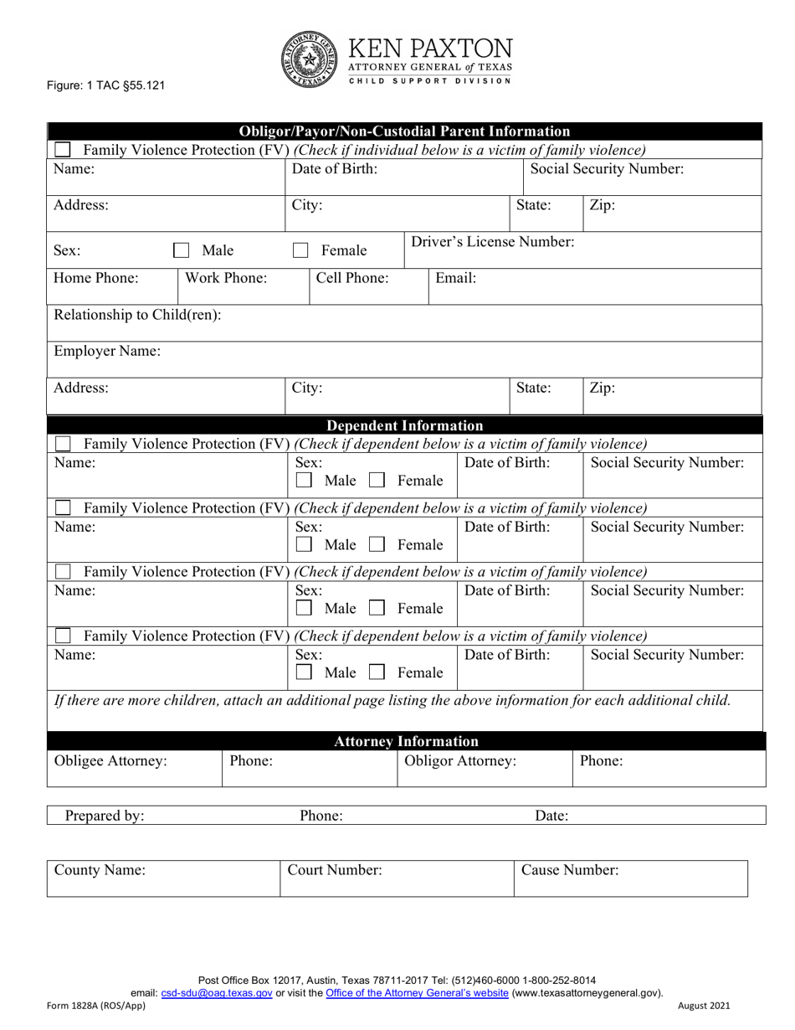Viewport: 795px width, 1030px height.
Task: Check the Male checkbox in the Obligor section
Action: click(x=180, y=250)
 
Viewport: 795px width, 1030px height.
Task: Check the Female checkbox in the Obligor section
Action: click(x=300, y=250)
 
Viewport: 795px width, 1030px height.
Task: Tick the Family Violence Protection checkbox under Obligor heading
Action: click(x=62, y=150)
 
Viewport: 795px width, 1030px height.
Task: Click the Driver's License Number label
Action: click(x=492, y=242)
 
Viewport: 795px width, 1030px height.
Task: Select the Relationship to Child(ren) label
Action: click(x=137, y=315)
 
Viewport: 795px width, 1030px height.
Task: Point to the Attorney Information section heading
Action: click(x=406, y=741)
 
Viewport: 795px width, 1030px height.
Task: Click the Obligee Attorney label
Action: click(x=110, y=761)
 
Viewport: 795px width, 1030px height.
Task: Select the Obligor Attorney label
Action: click(x=459, y=761)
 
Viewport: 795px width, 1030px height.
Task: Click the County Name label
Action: click(x=100, y=870)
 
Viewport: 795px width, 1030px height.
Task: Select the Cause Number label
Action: click(x=569, y=870)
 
